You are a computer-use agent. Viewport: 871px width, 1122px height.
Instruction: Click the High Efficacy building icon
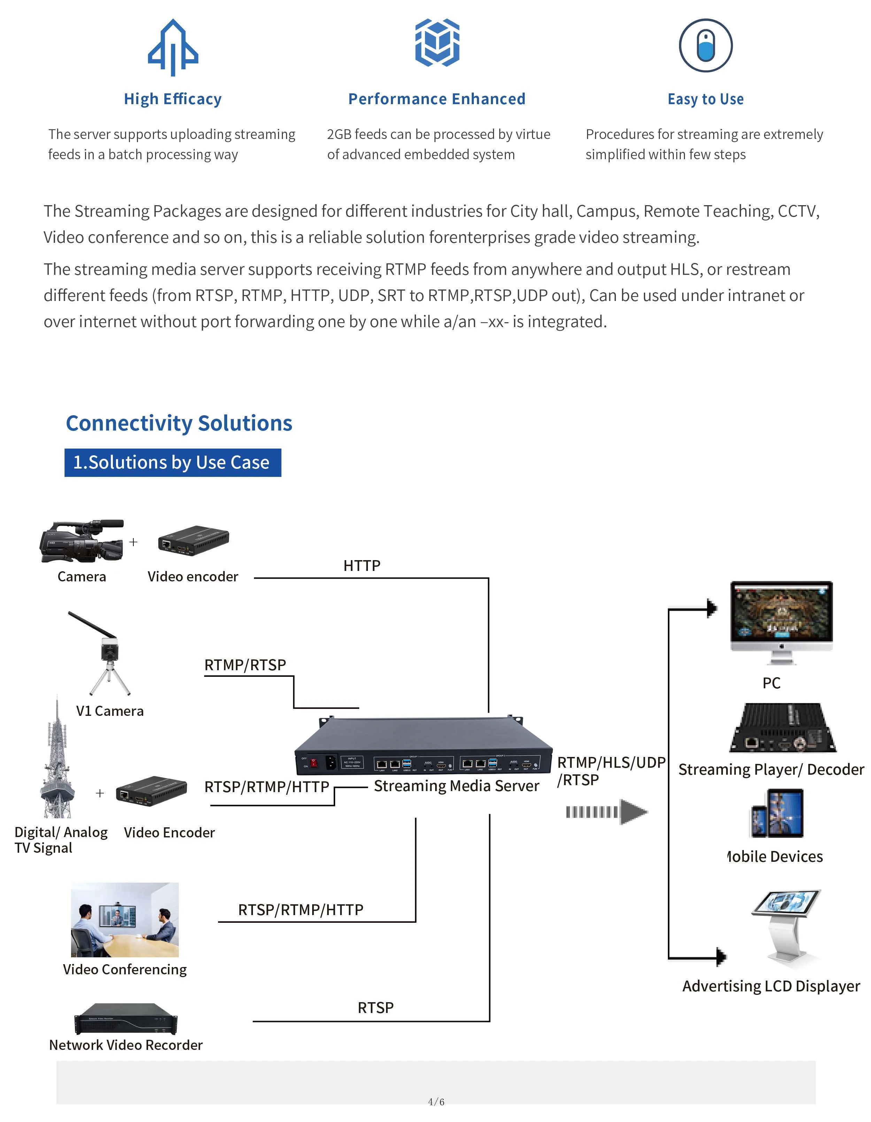pyautogui.click(x=173, y=47)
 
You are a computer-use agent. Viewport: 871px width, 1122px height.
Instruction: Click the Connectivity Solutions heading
pyautogui.click(x=179, y=423)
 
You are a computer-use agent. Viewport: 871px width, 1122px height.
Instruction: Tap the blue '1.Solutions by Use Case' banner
pyautogui.click(x=173, y=462)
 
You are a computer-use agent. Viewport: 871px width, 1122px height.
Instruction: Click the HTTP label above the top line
pyautogui.click(x=362, y=566)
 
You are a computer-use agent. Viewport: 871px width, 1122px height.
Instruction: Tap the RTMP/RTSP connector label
pyautogui.click(x=245, y=665)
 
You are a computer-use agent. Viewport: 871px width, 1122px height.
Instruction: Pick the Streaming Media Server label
pyautogui.click(x=456, y=786)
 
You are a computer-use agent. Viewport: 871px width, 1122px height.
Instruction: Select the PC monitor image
pyautogui.click(x=781, y=622)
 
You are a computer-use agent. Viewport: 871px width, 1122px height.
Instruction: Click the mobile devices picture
pyautogui.click(x=777, y=814)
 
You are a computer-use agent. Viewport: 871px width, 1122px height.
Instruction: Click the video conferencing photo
pyautogui.click(x=125, y=920)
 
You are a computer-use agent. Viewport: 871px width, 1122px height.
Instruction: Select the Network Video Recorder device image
pyautogui.click(x=126, y=1018)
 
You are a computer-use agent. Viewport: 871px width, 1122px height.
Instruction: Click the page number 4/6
pyautogui.click(x=436, y=1101)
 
